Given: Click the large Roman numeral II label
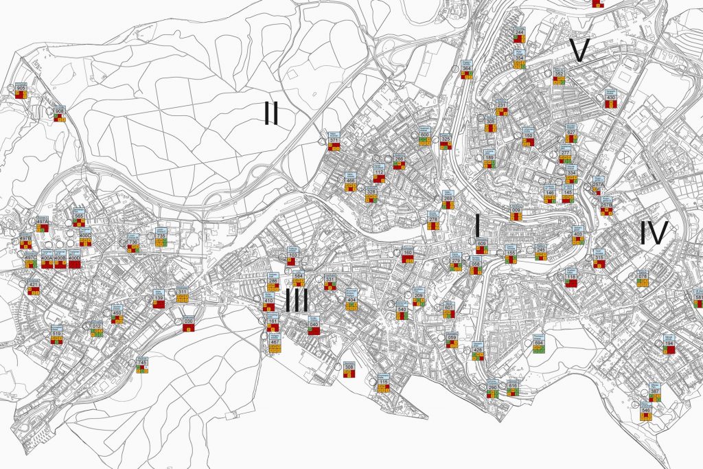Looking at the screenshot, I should [271, 113].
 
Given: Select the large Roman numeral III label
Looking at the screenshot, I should [297, 301].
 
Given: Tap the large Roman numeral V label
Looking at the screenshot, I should [580, 50].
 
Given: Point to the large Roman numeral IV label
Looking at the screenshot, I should [653, 234].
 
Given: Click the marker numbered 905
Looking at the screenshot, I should [21, 90].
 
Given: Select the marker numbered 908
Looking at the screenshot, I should [60, 112].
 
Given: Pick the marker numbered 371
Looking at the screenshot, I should [334, 141].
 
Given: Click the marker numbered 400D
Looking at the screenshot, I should [76, 259].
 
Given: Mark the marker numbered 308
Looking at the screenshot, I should [349, 368].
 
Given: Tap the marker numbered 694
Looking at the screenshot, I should [538, 343].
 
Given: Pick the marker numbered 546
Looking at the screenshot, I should [645, 411].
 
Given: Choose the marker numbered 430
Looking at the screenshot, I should [610, 98].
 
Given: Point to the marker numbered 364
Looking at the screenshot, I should [467, 69].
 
